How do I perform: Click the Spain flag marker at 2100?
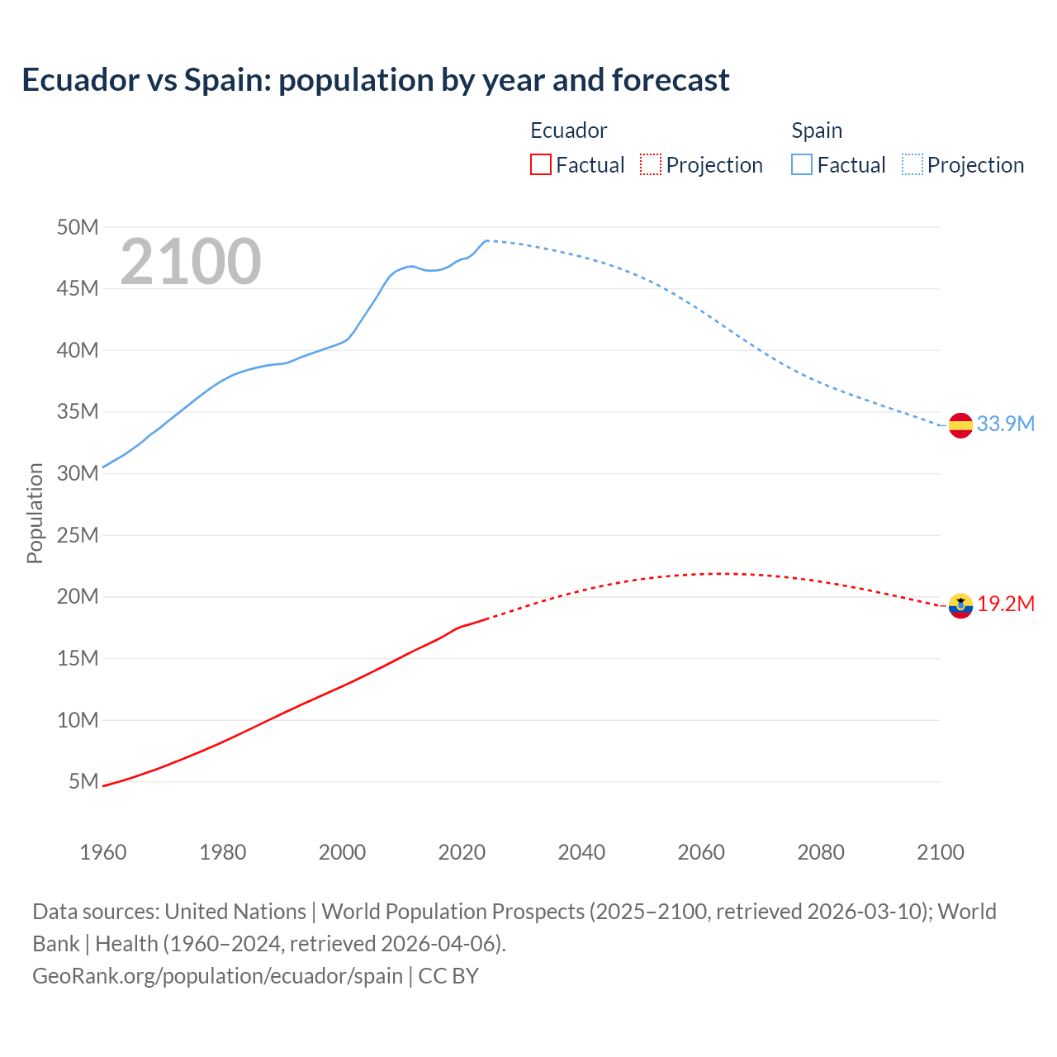click(x=960, y=425)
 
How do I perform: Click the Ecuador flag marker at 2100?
click(x=960, y=605)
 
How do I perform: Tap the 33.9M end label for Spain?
click(x=1005, y=424)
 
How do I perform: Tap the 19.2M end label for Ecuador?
click(x=1006, y=604)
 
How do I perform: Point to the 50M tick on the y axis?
click(x=78, y=227)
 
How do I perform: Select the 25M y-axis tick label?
click(x=78, y=535)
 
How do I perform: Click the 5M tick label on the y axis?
click(x=83, y=781)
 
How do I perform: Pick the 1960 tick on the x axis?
click(x=103, y=852)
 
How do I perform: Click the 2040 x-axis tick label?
click(x=581, y=852)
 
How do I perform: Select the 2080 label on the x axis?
click(x=821, y=852)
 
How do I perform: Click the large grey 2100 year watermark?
click(x=191, y=262)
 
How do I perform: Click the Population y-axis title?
click(x=35, y=513)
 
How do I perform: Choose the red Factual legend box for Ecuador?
click(x=540, y=164)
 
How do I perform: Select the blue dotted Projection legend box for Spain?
click(x=912, y=164)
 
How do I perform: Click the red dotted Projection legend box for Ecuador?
click(x=651, y=164)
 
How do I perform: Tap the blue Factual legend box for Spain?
click(x=802, y=164)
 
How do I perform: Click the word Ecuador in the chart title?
click(x=81, y=80)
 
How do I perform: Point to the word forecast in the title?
click(x=671, y=80)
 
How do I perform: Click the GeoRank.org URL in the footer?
click(x=218, y=975)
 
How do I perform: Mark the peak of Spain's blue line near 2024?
click(x=486, y=240)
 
